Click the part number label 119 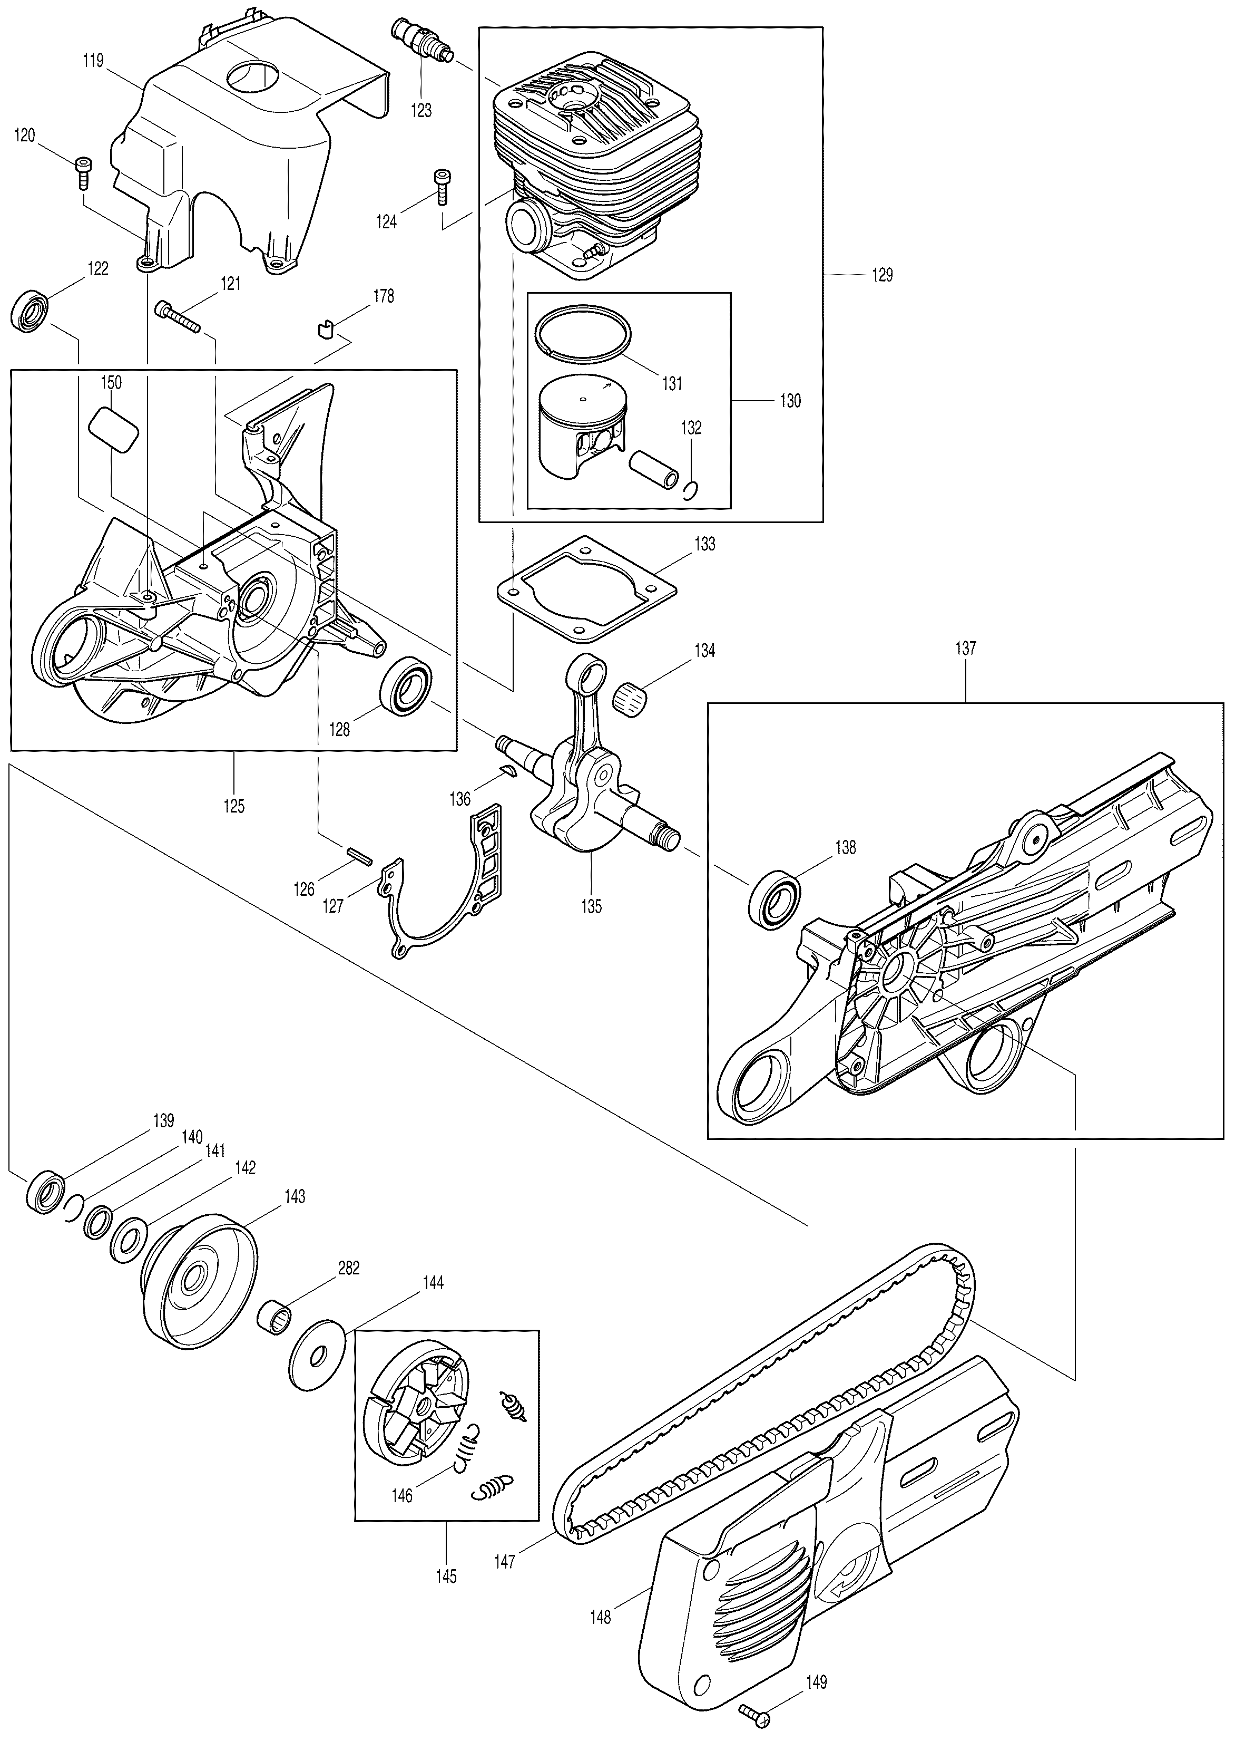(94, 61)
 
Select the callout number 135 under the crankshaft (591, 906)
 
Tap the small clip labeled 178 (325, 329)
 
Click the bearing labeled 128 (406, 683)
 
